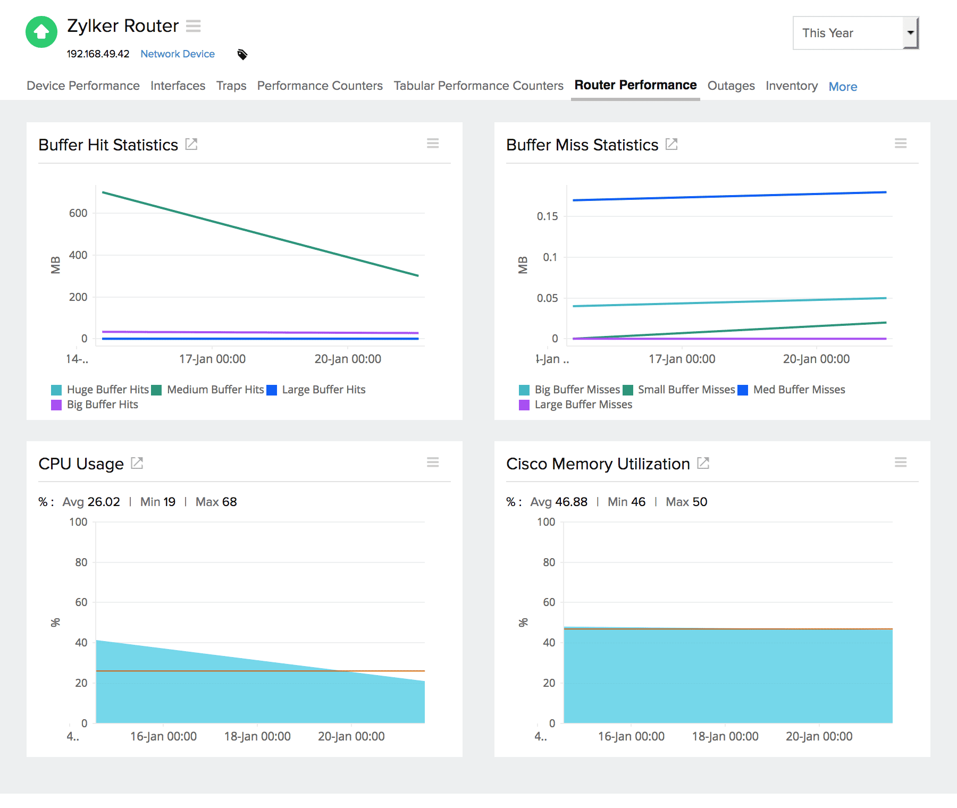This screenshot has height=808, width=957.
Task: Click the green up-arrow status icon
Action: point(41,32)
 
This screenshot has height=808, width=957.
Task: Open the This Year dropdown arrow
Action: point(910,33)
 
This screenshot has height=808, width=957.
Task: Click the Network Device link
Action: point(177,54)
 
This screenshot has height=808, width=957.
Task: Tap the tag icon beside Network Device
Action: point(242,54)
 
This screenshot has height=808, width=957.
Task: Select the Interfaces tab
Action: point(178,86)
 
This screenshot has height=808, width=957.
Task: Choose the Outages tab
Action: point(731,86)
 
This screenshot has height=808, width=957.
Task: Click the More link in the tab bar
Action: point(843,86)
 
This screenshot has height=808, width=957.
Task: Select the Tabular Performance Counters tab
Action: point(478,86)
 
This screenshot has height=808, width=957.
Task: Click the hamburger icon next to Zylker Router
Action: point(194,26)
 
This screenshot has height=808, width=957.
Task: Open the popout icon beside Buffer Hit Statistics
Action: point(191,144)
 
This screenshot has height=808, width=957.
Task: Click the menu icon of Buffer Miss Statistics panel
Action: point(900,144)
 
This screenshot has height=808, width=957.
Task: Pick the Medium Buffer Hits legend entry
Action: point(215,390)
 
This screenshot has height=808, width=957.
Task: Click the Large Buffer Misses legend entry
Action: point(583,405)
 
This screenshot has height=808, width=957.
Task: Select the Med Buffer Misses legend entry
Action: point(799,390)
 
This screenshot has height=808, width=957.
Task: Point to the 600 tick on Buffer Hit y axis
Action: point(78,213)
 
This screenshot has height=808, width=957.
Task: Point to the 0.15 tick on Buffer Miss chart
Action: point(547,216)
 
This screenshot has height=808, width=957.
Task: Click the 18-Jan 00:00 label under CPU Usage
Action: point(257,736)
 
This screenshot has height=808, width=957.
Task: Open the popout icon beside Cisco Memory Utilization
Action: point(703,463)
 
